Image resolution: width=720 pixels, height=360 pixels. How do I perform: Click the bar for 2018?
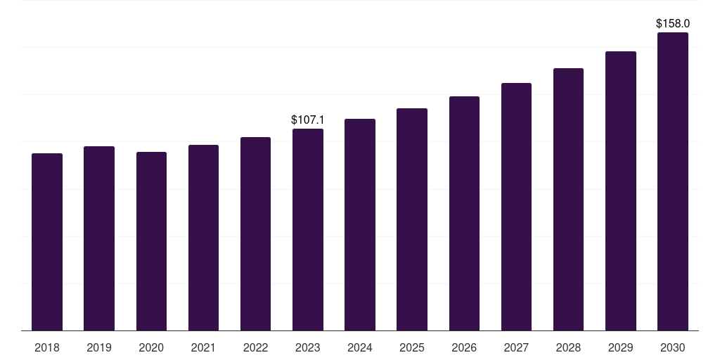point(47,242)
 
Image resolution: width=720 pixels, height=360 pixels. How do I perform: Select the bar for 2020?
point(151,241)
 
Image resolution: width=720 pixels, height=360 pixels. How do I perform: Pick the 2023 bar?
point(308,229)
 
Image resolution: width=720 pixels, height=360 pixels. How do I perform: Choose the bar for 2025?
point(412,219)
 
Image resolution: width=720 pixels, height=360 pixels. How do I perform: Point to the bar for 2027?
point(516,207)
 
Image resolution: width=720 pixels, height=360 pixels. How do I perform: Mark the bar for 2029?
point(621,191)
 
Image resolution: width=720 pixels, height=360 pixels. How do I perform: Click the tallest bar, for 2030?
point(673,181)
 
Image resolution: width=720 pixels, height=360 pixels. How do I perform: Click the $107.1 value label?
point(308,120)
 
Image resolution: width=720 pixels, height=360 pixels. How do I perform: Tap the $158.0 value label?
point(673,24)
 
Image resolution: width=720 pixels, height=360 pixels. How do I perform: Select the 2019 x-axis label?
point(99,348)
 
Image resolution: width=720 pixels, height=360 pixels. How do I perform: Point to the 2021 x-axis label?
point(203,348)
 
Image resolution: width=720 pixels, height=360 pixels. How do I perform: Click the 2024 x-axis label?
point(360,348)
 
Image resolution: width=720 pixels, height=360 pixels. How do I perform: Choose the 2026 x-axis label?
point(464,348)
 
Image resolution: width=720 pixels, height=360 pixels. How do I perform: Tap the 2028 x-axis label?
point(568,348)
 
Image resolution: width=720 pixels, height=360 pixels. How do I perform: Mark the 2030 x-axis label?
point(673,348)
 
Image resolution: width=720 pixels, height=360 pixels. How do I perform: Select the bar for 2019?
point(99,238)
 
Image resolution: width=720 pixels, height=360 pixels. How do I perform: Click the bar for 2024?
point(360,224)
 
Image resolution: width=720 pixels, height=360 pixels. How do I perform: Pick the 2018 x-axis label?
point(47,348)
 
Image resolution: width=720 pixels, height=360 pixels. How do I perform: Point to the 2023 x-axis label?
point(308,348)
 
